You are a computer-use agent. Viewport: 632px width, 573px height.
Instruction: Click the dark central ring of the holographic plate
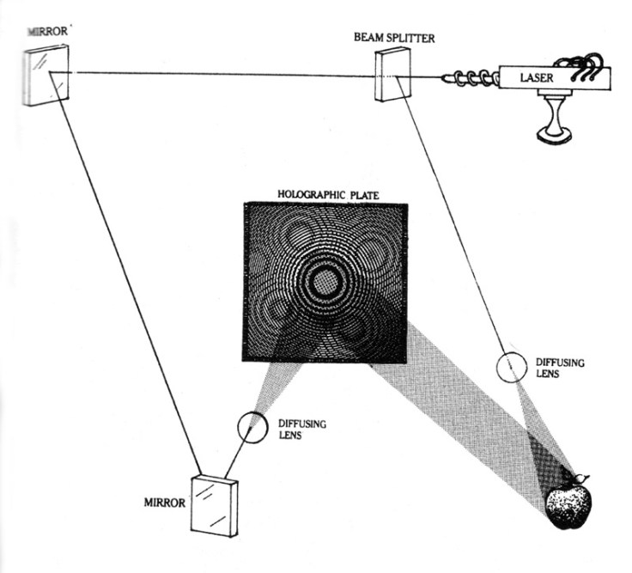(x=325, y=279)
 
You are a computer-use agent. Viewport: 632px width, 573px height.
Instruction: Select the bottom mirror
(x=214, y=504)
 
